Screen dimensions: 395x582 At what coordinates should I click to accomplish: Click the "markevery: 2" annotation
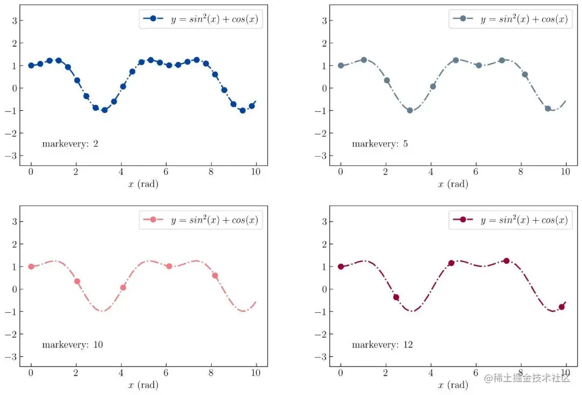pos(70,144)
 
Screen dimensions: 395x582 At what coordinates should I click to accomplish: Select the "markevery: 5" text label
pos(379,144)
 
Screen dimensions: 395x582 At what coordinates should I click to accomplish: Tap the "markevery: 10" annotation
pos(72,344)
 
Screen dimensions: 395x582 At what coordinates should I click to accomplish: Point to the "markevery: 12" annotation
pos(382,344)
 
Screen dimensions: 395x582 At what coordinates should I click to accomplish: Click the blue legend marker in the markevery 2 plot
pos(153,19)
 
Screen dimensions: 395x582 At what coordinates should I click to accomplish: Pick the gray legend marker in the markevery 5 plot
pos(462,19)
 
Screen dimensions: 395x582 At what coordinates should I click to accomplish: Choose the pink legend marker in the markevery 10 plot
pos(153,220)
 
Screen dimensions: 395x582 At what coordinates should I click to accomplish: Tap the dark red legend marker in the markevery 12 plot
pos(462,220)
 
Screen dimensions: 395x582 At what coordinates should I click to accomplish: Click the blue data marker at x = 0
pos(31,66)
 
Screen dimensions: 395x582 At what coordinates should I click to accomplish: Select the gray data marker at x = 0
pos(341,66)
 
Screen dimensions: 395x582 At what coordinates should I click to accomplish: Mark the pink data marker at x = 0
pos(31,266)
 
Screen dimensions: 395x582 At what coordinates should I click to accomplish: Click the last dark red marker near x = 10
pos(562,307)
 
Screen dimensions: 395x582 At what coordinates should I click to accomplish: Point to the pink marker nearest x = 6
pos(169,266)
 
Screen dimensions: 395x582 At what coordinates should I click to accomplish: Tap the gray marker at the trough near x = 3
pos(410,110)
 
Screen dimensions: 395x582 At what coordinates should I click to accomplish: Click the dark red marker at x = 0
pos(341,266)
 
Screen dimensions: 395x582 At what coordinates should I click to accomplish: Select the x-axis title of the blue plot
pos(143,184)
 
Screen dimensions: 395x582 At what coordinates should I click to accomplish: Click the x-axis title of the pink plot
pos(143,385)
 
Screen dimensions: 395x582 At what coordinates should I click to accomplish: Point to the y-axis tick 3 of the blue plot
pos(13,20)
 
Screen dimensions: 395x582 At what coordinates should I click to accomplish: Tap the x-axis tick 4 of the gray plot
pos(431,172)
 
